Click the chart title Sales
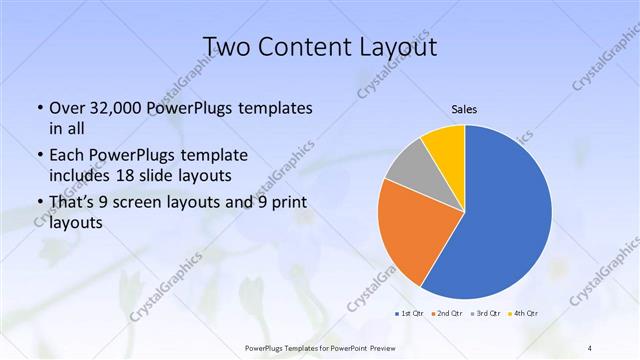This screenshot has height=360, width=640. point(463,108)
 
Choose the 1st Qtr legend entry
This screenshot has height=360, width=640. point(409,314)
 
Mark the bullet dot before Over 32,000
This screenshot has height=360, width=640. point(39,108)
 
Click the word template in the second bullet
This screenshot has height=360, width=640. point(206,155)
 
